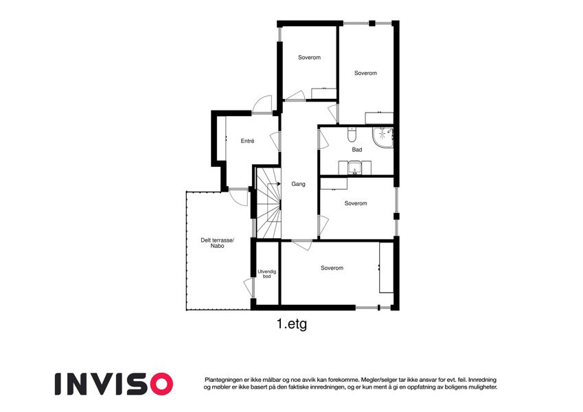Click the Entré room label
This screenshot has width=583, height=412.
[x=247, y=141]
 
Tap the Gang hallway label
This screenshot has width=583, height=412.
[x=298, y=184]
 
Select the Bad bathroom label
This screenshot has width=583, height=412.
[x=357, y=150]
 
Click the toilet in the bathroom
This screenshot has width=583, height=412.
[x=352, y=135]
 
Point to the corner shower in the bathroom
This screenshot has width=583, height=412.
[x=383, y=137]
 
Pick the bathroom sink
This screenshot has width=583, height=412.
[x=356, y=168]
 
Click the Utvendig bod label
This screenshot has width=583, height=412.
[x=267, y=274]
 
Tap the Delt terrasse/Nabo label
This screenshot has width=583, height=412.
[x=218, y=243]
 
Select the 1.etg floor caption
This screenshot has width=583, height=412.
[x=292, y=324]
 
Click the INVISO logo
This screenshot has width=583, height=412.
[x=114, y=384]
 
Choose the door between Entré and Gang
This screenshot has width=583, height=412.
[x=275, y=141]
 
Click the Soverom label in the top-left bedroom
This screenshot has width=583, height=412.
[x=309, y=57]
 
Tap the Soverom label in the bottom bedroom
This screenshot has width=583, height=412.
[x=332, y=268]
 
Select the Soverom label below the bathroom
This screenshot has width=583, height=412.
[x=356, y=203]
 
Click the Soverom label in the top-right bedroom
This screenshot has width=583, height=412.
[x=365, y=73]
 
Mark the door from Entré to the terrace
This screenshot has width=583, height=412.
[x=238, y=197]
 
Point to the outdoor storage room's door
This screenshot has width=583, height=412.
[x=249, y=288]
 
